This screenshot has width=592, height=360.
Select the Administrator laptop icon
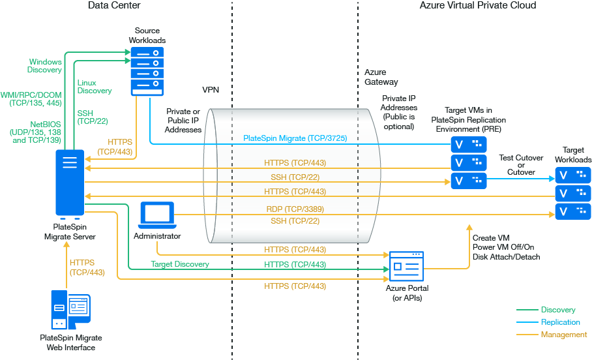pyautogui.click(x=157, y=216)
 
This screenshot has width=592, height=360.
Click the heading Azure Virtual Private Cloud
pyautogui.click(x=478, y=6)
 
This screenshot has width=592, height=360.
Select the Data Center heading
pyautogui.click(x=114, y=6)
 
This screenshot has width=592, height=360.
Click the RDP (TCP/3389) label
pyautogui.click(x=295, y=209)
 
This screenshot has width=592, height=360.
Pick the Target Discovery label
pyautogui.click(x=180, y=264)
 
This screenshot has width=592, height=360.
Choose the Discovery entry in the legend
pyautogui.click(x=557, y=310)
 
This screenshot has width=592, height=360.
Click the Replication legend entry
pyautogui.click(x=560, y=322)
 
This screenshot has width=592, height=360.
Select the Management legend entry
pyautogui.click(x=563, y=335)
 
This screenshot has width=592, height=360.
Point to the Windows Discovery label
pyautogui.click(x=45, y=66)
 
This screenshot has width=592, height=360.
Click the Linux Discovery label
pyautogui.click(x=95, y=87)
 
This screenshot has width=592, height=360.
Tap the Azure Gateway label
pyautogui.click(x=381, y=77)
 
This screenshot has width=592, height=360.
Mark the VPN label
pyautogui.click(x=211, y=89)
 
